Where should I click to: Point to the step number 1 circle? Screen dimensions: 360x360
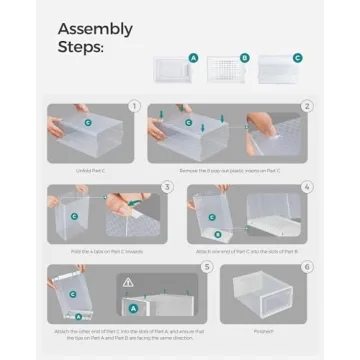coord(134,104)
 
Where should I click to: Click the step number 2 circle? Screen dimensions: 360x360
coord(308,104)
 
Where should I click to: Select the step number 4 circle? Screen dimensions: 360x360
coord(308,187)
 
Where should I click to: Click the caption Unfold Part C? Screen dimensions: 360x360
coord(89,171)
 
